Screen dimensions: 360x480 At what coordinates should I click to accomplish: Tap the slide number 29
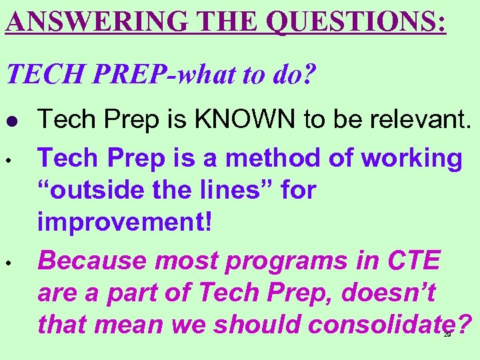447,335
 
